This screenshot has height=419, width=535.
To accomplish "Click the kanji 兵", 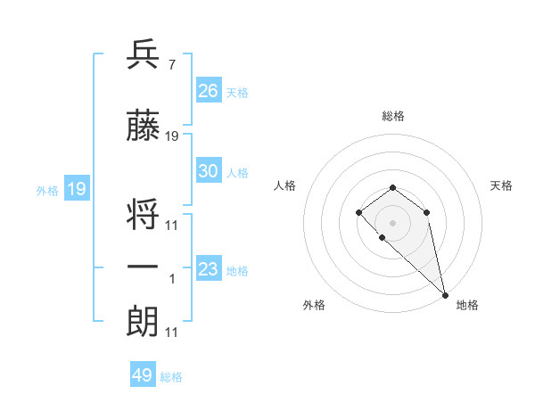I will [x=143, y=55].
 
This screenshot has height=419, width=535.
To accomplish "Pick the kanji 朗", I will [x=143, y=321].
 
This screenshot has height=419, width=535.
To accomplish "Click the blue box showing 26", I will [x=209, y=90].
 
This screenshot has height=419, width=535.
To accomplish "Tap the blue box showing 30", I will [x=209, y=171].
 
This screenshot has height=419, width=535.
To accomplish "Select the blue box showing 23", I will [x=209, y=269].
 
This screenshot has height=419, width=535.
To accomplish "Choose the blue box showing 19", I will [x=76, y=189].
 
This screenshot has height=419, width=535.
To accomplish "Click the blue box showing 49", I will [x=143, y=375].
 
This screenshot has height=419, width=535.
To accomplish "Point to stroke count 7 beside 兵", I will [x=170, y=65].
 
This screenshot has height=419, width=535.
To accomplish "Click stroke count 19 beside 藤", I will [x=172, y=136].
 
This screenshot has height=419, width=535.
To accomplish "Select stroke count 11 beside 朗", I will [x=172, y=333].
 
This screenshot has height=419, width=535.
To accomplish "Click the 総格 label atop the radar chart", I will [x=392, y=116].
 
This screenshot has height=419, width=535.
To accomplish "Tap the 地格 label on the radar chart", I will [x=467, y=305].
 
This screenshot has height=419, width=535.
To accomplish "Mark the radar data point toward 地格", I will [x=445, y=294].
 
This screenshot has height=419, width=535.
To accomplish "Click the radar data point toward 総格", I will [x=392, y=187].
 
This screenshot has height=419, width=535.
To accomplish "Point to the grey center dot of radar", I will [x=392, y=222].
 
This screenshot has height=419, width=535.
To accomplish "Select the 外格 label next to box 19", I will [x=46, y=190].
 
